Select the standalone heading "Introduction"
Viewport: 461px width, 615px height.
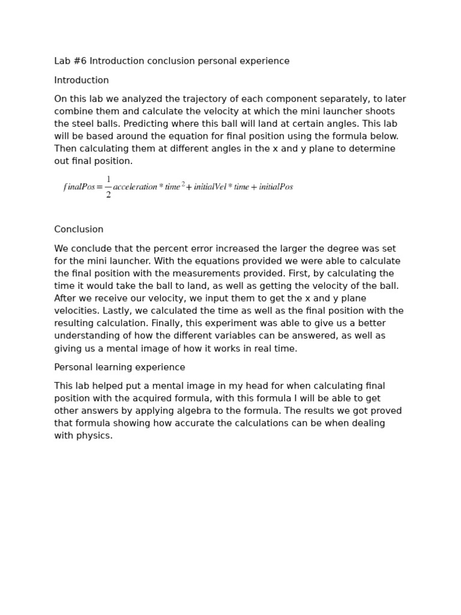[82, 80]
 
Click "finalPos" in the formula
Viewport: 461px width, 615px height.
[79, 187]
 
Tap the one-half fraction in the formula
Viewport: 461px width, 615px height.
[108, 187]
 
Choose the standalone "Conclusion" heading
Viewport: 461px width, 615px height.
[79, 229]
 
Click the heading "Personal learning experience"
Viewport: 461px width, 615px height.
[119, 368]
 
